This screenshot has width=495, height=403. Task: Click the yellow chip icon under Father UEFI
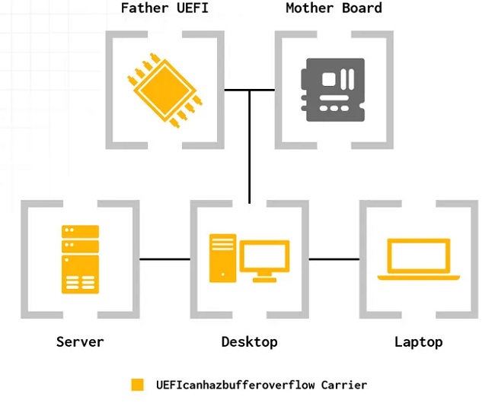[164, 89]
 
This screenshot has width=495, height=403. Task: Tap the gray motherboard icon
[333, 89]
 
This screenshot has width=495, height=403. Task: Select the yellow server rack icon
[80, 259]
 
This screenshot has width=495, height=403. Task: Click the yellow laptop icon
[418, 259]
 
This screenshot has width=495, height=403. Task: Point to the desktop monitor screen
[265, 256]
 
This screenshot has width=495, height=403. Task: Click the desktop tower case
[222, 258]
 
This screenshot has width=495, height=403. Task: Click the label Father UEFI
[164, 8]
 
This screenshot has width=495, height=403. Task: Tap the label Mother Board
[334, 8]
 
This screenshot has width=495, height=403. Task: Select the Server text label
[80, 341]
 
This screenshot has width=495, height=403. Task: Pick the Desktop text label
[249, 341]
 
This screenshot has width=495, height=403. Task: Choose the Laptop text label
[418, 341]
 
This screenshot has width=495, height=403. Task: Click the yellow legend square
[138, 385]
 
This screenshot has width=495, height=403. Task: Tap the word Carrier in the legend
[343, 385]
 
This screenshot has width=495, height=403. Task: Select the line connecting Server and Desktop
[164, 259]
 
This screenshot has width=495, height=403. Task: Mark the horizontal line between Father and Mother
[249, 90]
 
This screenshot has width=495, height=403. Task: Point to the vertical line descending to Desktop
[249, 152]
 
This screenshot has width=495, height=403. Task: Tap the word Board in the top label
[362, 8]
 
